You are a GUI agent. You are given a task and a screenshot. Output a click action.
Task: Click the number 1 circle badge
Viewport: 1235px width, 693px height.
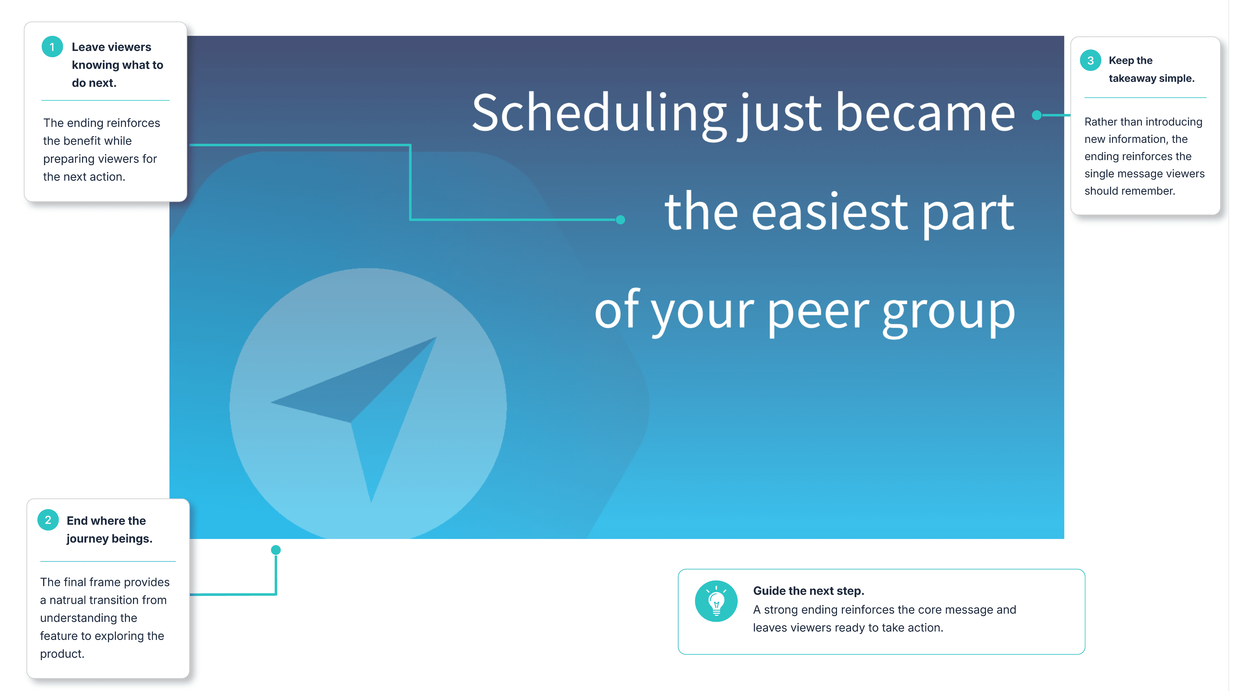(x=52, y=47)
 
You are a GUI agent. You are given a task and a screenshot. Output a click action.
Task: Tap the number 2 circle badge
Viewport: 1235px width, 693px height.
(x=48, y=520)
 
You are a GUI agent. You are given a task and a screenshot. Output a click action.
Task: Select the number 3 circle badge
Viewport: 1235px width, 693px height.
(x=1090, y=60)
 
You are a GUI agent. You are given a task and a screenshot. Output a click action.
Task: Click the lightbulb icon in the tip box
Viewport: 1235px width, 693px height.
(x=716, y=601)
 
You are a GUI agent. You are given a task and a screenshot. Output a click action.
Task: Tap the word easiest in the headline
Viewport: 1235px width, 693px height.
(x=829, y=212)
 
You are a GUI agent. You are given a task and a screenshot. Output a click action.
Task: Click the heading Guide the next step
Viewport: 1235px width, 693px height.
(x=808, y=591)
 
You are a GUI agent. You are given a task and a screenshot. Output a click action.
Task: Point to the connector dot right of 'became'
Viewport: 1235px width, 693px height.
(x=1037, y=115)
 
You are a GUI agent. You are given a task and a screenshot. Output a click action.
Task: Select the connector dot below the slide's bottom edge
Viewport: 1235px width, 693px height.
(x=276, y=550)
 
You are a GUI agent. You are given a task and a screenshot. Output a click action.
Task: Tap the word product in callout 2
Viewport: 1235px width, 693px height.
(x=62, y=654)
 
